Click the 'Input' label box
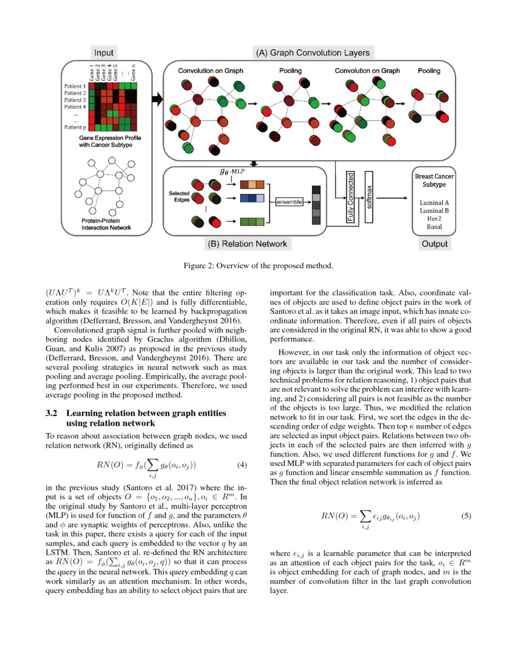(103, 52)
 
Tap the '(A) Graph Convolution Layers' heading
(312, 52)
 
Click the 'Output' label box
(434, 244)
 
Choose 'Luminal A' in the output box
(434, 201)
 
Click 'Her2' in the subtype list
(434, 219)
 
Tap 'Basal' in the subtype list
(434, 227)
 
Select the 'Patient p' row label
(75, 127)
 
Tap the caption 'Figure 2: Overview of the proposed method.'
(258, 266)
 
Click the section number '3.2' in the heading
(52, 414)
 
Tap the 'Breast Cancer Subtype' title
(434, 180)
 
